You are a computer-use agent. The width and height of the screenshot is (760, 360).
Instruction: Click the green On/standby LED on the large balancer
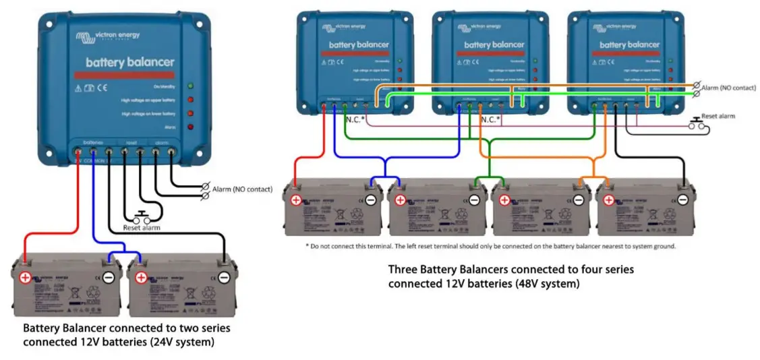(x=190, y=86)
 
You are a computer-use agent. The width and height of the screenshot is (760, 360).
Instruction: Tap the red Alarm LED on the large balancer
(x=190, y=126)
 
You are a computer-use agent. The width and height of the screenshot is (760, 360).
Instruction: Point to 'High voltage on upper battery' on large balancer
(x=148, y=100)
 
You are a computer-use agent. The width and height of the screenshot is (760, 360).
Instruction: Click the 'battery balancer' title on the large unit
(x=129, y=62)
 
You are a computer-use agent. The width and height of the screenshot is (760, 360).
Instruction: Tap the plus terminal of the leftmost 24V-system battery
(x=24, y=277)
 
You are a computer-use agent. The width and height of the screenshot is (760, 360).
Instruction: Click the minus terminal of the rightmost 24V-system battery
(x=224, y=277)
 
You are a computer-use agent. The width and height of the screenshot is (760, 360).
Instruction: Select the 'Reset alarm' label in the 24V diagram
(x=142, y=228)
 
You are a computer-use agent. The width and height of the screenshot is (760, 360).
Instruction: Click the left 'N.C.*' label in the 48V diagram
(x=355, y=119)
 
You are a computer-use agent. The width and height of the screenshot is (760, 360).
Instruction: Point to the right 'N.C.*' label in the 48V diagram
(x=490, y=119)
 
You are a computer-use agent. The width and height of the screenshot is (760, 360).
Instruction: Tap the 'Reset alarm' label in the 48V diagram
(x=718, y=116)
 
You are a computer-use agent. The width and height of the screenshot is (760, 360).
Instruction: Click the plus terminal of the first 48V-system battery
(x=296, y=200)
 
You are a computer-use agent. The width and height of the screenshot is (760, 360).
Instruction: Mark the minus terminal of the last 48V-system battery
(x=682, y=200)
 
